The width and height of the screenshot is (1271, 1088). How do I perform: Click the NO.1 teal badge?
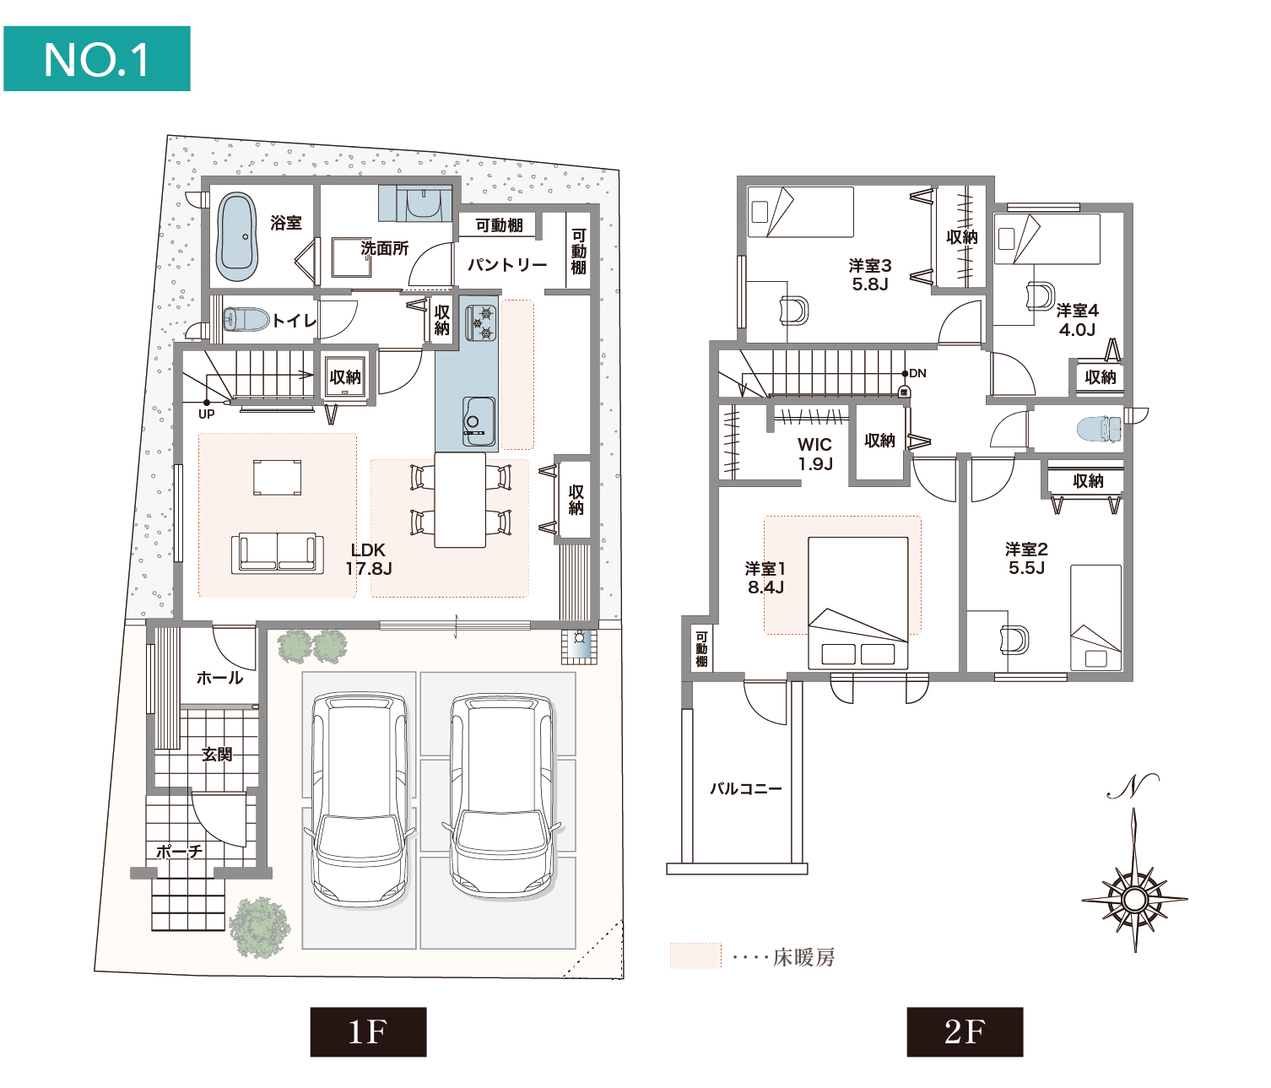(97, 59)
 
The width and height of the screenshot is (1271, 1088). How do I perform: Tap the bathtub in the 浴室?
(236, 237)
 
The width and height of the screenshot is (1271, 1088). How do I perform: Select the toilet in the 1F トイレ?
(246, 320)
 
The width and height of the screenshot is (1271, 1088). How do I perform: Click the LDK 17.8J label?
(369, 560)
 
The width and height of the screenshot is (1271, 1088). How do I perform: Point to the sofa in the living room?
(278, 553)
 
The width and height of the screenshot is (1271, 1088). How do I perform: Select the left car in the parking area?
(359, 798)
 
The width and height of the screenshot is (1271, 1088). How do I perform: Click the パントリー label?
(507, 265)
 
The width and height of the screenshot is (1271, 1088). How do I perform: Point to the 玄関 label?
(217, 755)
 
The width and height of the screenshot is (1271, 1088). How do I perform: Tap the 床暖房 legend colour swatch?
(695, 955)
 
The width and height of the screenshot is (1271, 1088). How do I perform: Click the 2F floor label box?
(965, 1031)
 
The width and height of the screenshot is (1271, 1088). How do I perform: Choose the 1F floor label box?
(368, 1031)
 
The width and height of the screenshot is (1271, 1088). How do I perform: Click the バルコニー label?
(745, 789)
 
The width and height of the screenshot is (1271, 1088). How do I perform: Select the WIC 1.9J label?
(815, 454)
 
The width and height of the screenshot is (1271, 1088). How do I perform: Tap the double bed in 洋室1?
(858, 603)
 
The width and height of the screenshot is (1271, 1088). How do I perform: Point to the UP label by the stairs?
(207, 414)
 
